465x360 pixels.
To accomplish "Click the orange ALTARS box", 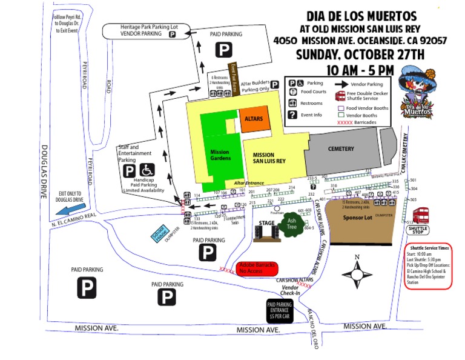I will click(254, 120).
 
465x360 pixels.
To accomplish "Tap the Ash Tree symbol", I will click(292, 224).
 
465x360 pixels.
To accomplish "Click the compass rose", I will click(357, 274).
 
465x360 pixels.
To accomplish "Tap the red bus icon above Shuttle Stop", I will click(421, 216).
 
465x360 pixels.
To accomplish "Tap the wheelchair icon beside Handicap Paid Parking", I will click(148, 171).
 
